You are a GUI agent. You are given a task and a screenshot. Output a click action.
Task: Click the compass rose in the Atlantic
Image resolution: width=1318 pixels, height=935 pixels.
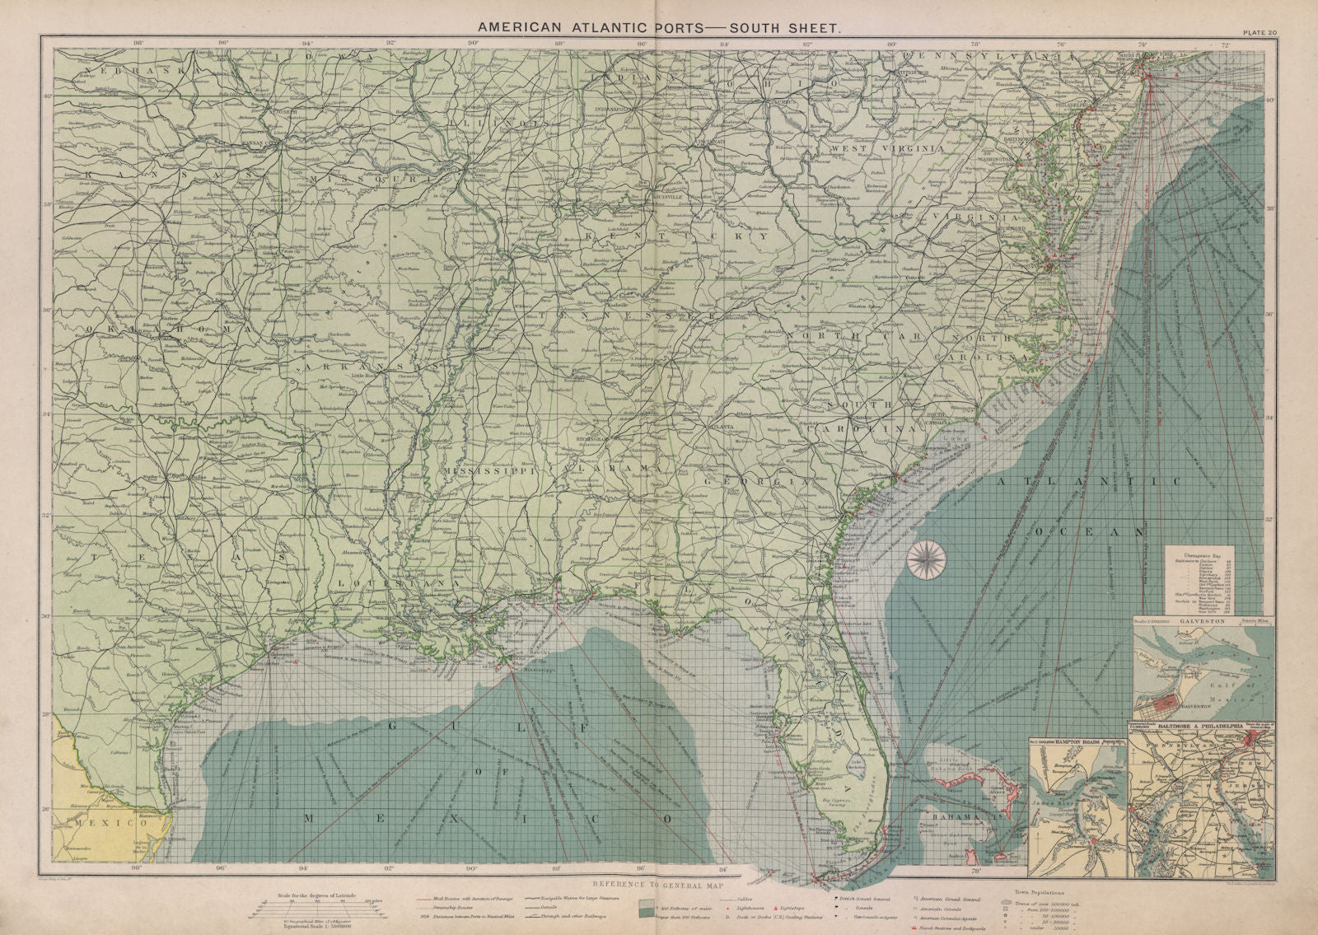[926, 558]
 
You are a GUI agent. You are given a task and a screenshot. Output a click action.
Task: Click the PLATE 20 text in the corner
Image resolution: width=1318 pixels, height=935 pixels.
[1260, 32]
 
